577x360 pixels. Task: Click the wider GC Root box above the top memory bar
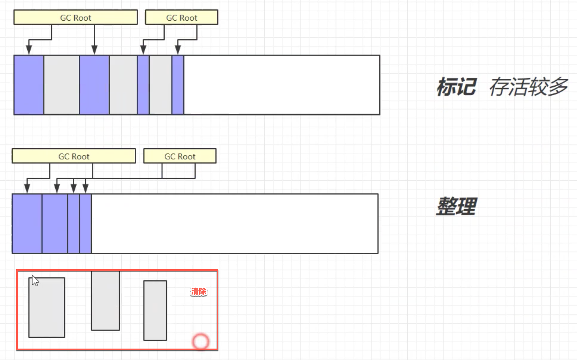76,17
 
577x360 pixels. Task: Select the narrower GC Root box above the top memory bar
181,17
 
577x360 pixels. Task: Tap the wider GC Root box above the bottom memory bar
74,156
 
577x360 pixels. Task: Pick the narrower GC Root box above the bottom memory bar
180,156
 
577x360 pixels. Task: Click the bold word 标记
456,87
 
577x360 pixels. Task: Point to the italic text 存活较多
528,87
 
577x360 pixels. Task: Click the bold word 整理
456,206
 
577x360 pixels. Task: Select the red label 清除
199,291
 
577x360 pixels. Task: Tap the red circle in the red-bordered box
200,342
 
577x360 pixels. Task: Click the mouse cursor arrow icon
35,281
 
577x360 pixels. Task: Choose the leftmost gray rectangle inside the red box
47,307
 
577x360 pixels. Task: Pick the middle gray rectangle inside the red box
105,300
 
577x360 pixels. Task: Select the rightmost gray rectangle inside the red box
155,310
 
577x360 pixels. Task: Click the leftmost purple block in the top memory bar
29,85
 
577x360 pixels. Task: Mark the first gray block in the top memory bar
62,85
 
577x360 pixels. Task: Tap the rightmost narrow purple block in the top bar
178,85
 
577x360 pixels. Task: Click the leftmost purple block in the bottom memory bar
27,223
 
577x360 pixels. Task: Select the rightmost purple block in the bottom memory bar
85,223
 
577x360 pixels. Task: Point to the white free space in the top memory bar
282,85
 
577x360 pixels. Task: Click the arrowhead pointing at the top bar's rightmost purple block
178,50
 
